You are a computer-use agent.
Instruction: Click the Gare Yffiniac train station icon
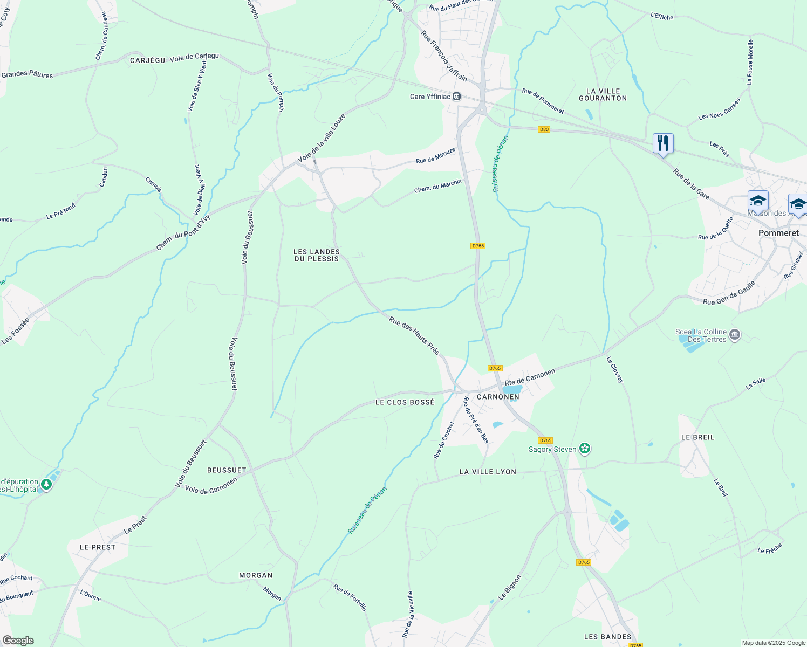456,97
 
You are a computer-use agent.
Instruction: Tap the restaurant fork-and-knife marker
663,143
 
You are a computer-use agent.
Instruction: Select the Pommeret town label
778,233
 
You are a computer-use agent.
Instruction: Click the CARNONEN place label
498,397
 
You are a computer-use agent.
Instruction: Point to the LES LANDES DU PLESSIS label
317,255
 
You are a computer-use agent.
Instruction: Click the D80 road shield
544,129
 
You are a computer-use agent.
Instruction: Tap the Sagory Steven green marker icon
585,449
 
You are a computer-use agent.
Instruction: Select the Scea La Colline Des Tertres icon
734,335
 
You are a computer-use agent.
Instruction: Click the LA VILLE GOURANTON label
603,94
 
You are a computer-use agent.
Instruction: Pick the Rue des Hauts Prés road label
414,335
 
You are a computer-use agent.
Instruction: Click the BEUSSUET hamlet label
227,470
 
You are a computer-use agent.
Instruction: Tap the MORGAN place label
256,575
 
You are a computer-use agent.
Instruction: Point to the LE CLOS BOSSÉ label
405,402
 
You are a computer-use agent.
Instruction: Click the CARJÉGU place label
147,60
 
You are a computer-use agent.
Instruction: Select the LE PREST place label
98,547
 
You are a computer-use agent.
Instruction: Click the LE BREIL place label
697,437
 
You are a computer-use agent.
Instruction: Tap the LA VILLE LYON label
488,472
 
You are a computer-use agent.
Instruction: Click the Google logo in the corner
18,641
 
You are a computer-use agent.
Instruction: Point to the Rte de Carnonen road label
530,377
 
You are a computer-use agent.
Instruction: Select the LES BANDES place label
607,637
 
